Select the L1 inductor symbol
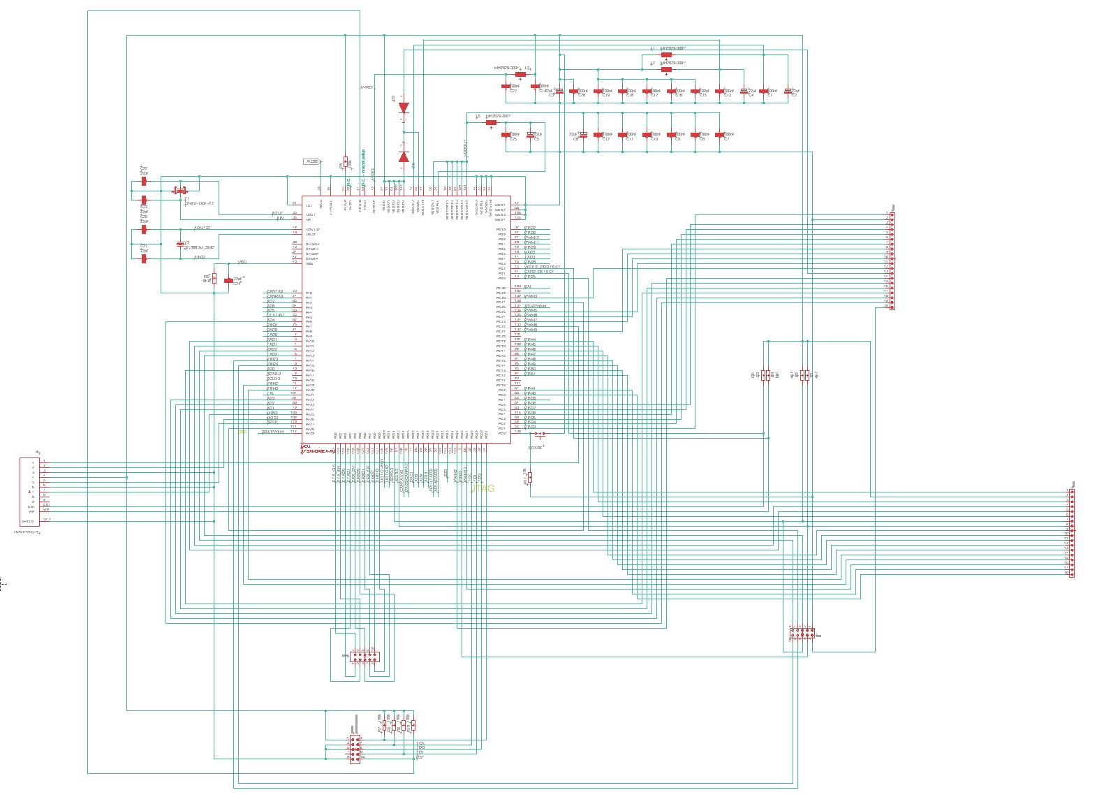click(x=666, y=54)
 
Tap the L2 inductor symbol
click(x=666, y=68)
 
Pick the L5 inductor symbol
click(x=491, y=122)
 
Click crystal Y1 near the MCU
click(x=180, y=190)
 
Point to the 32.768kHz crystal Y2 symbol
click(x=180, y=244)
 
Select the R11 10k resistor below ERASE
click(x=530, y=477)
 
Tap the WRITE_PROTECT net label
click(x=542, y=267)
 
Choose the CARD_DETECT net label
click(x=539, y=272)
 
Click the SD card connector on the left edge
click(x=29, y=491)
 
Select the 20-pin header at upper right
click(x=890, y=260)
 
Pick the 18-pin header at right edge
click(x=1072, y=533)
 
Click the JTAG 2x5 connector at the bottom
click(x=354, y=749)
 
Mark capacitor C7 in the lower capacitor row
click(x=720, y=135)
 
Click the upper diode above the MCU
click(x=404, y=108)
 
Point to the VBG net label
click(x=242, y=263)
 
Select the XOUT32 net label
click(x=203, y=228)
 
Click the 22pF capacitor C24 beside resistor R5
click(x=228, y=280)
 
